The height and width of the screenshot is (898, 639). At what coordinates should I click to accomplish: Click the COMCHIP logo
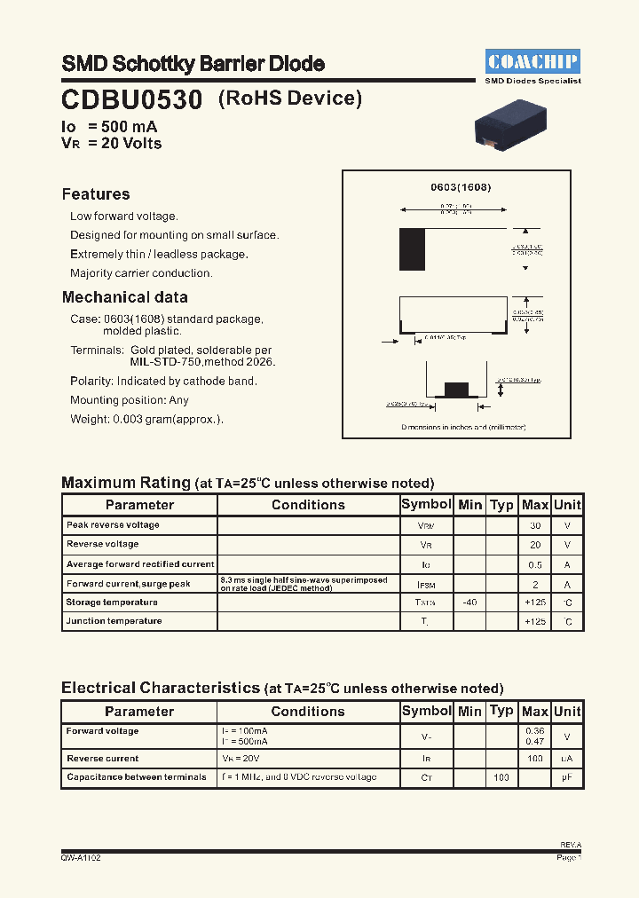pyautogui.click(x=533, y=61)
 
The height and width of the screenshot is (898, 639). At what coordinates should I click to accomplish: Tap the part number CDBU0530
pyautogui.click(x=132, y=98)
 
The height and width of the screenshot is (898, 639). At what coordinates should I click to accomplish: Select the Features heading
pyautogui.click(x=96, y=194)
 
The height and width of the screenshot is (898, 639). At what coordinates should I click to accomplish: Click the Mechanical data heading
pyautogui.click(x=124, y=297)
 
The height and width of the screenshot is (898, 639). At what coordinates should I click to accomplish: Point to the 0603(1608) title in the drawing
pyautogui.click(x=461, y=188)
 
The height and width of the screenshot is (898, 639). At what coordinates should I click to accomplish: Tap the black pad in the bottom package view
pyautogui.click(x=455, y=389)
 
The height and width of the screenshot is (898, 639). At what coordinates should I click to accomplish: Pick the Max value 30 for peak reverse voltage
pyautogui.click(x=535, y=525)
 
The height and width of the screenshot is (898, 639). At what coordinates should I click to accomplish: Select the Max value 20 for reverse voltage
pyautogui.click(x=535, y=545)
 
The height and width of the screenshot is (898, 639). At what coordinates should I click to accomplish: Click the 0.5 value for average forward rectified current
pyautogui.click(x=535, y=565)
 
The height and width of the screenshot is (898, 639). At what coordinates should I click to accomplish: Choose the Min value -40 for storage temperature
pyautogui.click(x=469, y=603)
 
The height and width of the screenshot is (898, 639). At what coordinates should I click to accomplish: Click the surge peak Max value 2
pyautogui.click(x=535, y=584)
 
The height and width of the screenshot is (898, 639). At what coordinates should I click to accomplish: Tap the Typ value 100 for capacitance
pyautogui.click(x=501, y=777)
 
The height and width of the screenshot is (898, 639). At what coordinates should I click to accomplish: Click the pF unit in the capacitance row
pyautogui.click(x=567, y=777)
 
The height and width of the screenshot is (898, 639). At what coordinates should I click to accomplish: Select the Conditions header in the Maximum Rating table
pyautogui.click(x=308, y=505)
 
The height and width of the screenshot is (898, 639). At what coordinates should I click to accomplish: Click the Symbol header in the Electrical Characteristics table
pyautogui.click(x=427, y=711)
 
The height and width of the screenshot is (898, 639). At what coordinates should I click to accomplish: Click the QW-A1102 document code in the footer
pyautogui.click(x=75, y=858)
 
